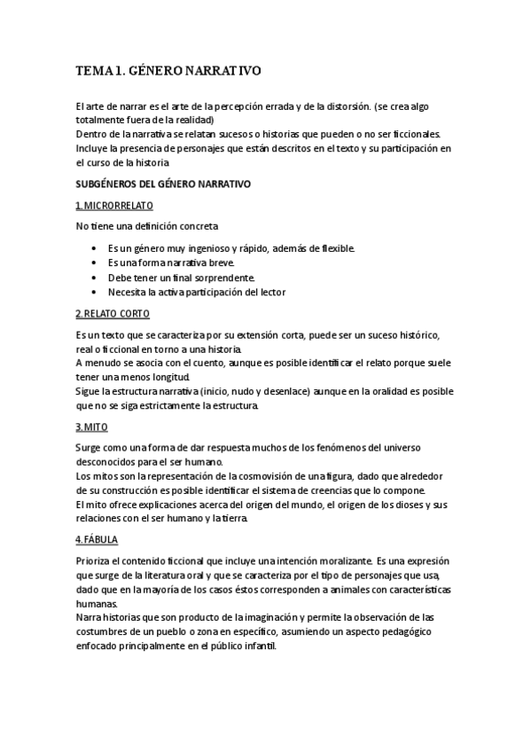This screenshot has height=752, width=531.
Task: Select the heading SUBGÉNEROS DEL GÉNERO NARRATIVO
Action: (x=163, y=184)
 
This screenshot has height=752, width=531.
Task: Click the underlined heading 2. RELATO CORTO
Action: (x=113, y=314)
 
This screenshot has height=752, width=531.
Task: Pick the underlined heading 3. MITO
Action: (x=92, y=427)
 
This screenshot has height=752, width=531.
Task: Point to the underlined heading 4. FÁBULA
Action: (x=97, y=539)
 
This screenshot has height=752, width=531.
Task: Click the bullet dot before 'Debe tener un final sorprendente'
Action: (x=94, y=278)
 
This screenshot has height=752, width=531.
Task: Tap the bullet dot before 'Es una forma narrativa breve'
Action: (x=94, y=263)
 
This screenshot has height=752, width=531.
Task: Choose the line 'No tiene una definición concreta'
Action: (x=147, y=227)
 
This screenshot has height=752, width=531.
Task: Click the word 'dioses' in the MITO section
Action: (x=406, y=505)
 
